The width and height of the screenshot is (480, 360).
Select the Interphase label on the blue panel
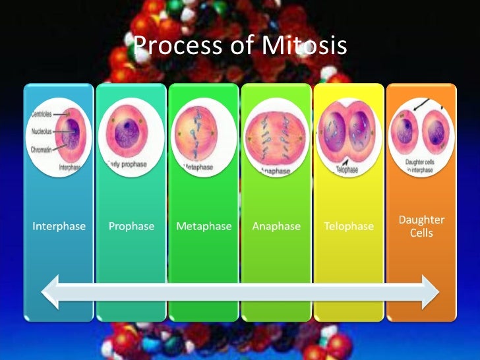coord(59,226)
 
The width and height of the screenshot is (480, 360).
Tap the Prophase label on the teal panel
coord(131,226)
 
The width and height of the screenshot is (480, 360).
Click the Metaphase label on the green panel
coord(204,226)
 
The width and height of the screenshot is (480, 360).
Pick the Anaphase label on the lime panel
coord(276,226)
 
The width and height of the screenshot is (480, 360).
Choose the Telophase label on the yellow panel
coord(349,226)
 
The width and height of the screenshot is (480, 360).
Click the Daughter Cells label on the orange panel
coord(421,226)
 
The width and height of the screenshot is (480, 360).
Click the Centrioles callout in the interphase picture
coord(42,114)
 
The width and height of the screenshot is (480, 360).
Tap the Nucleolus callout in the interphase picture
coord(42,131)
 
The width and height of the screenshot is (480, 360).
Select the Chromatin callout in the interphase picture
coord(42,150)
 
